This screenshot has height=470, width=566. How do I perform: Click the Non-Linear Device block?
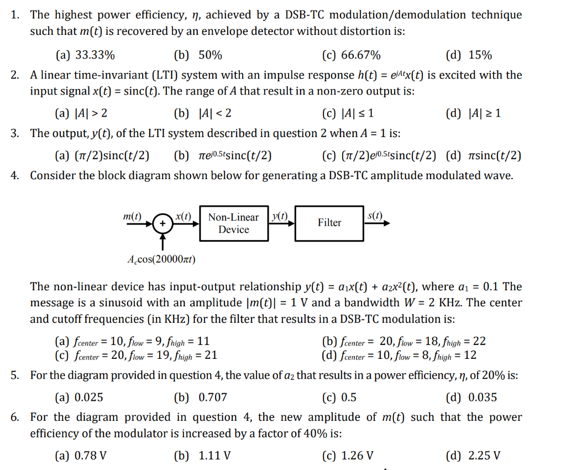point(233,223)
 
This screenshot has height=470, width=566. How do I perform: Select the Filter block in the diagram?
point(329,223)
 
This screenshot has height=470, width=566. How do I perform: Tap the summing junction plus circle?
point(162,223)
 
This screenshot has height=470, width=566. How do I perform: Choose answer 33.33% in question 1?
point(86,55)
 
